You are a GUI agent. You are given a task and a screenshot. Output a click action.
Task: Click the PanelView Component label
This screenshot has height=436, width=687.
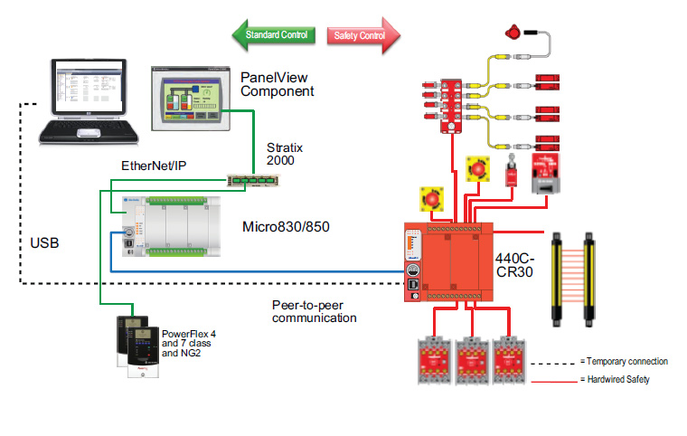point(277,84)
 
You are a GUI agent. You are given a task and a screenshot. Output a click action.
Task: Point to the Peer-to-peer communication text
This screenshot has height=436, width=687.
point(315,311)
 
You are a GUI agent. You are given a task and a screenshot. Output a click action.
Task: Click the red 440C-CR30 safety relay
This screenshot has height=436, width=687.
point(447,261)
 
